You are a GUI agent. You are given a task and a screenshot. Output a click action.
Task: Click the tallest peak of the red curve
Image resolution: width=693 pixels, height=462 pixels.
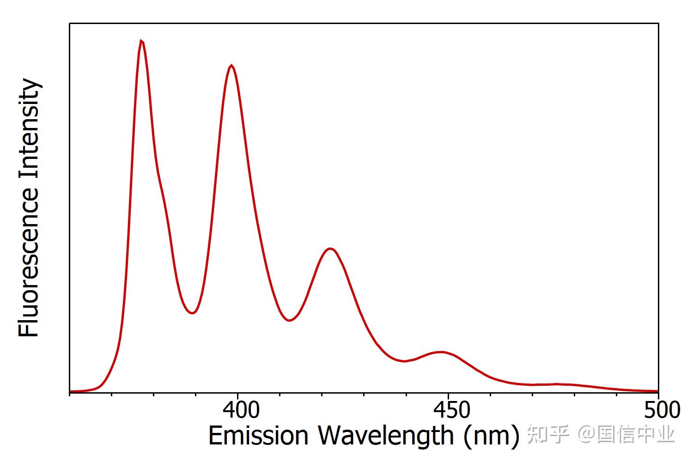point(141,41)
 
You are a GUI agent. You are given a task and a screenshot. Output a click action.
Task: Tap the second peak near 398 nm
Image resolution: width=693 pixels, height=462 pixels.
point(231,66)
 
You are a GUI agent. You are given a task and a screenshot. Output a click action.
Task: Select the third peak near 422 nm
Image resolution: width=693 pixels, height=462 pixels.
point(330,249)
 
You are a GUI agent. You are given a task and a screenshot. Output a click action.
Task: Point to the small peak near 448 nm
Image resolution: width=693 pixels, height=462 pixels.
point(442,352)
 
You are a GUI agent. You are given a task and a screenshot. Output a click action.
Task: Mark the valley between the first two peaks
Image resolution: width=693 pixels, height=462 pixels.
point(192,313)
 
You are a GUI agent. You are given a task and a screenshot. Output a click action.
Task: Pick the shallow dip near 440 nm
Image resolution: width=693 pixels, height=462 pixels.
point(405,361)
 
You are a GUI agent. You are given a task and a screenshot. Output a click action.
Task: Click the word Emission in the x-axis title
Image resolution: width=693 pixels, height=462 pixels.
point(258,436)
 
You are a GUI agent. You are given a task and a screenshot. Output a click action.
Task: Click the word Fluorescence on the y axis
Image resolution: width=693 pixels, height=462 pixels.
point(29,262)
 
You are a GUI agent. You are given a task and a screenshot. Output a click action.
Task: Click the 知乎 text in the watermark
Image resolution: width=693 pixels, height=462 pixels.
point(547,435)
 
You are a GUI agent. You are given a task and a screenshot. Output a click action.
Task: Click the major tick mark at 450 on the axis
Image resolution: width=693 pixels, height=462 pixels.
point(448,394)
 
